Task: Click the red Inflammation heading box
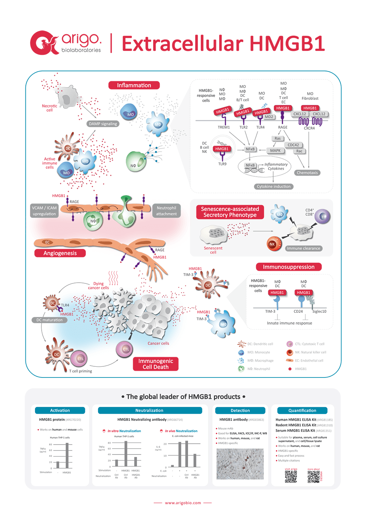[134, 85]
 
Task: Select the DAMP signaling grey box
[103, 124]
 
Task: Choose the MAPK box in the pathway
[262, 150]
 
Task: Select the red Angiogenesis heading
[61, 252]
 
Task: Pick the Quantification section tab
[302, 410]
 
